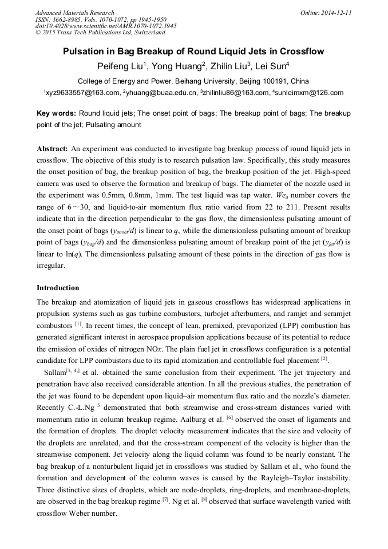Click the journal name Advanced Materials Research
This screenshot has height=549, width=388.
point(74,13)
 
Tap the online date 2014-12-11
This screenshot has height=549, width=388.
point(333,13)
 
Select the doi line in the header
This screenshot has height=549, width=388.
point(106,26)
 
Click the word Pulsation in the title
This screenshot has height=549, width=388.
point(86,52)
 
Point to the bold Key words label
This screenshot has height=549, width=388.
point(56,113)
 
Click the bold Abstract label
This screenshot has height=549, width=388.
point(53,148)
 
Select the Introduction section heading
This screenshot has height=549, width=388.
point(58,287)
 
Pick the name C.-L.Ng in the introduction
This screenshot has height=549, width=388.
point(80,406)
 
